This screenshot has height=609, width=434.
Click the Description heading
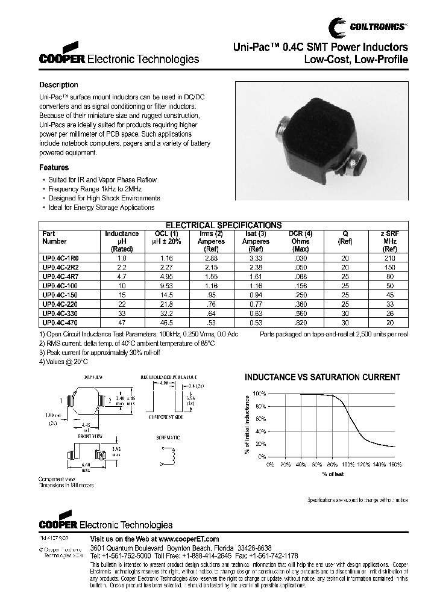coord(58,85)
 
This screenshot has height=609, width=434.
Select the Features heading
coord(54,168)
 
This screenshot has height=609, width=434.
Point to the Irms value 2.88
coord(210,257)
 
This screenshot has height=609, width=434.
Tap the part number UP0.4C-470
coord(60,323)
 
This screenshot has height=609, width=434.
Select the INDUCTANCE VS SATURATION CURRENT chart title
coord(322,377)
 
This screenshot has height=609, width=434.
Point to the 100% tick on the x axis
coord(348,465)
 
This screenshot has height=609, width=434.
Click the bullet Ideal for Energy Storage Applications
coord(101,208)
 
